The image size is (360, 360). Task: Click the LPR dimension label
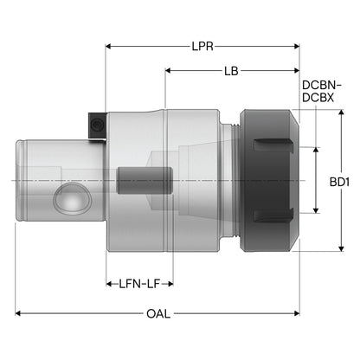202,46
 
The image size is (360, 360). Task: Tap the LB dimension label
231,71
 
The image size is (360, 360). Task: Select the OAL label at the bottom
158,313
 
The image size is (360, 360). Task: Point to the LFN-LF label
139,284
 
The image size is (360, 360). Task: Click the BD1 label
339,182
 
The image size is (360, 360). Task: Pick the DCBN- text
322,86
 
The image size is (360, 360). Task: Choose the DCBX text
318,98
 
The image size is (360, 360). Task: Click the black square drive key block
97,126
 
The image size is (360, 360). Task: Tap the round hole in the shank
73,198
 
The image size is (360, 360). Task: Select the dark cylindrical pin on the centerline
145,181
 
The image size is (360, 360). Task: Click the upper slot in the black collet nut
273,145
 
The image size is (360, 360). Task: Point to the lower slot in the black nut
273,215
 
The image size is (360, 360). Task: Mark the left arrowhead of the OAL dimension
18,313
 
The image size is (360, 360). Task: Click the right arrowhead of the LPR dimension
296,46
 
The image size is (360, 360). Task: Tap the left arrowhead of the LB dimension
168,71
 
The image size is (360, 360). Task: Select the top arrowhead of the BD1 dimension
341,112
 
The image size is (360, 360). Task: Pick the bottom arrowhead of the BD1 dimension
341,248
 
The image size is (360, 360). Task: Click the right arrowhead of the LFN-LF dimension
170,284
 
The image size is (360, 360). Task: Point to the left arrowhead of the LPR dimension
108,46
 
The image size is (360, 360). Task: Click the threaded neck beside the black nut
235,181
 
